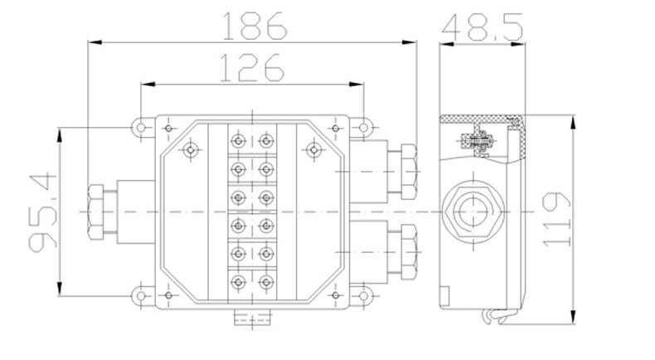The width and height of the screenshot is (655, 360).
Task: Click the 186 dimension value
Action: pyautogui.click(x=255, y=26)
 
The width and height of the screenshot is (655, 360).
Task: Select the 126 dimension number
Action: pyautogui.click(x=251, y=67)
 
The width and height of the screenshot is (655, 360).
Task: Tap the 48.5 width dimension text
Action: pyautogui.click(x=482, y=27)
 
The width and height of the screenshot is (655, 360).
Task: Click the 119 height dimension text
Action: pyautogui.click(x=556, y=219)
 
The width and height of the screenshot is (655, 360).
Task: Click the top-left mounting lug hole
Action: pyautogui.click(x=141, y=127)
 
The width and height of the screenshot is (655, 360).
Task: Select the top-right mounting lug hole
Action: pyautogui.click(x=363, y=127)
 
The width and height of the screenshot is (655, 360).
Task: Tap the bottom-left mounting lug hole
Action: pyautogui.click(x=141, y=296)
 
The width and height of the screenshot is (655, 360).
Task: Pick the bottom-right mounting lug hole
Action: pyautogui.click(x=363, y=296)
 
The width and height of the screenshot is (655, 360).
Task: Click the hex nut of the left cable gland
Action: pyautogui.click(x=95, y=212)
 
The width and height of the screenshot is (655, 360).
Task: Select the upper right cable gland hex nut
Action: pyautogui.click(x=409, y=172)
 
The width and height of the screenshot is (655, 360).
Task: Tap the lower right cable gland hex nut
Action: pyautogui.click(x=409, y=252)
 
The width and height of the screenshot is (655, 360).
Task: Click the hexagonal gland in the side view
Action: pyautogui.click(x=473, y=212)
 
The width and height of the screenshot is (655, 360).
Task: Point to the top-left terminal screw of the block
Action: pyautogui.click(x=238, y=140)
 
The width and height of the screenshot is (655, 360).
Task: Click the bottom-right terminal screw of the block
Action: pyautogui.click(x=266, y=282)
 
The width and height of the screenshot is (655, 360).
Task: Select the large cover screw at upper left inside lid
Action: pyautogui.click(x=191, y=149)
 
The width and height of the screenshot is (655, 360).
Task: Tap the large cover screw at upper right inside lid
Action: pyautogui.click(x=313, y=149)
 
